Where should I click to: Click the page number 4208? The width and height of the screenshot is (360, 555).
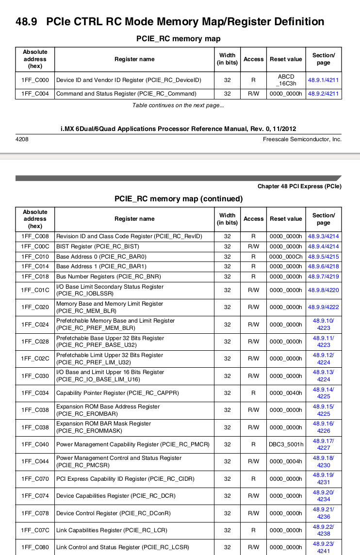point(22,139)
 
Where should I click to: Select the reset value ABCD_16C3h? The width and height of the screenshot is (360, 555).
point(286,80)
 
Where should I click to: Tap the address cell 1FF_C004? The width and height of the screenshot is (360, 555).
point(35,94)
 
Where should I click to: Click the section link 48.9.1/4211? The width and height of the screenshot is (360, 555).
point(323,80)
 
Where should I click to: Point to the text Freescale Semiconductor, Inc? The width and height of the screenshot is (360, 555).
point(302,139)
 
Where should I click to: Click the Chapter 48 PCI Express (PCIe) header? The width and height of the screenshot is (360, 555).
point(299,186)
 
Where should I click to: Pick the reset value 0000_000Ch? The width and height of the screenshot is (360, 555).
point(286,257)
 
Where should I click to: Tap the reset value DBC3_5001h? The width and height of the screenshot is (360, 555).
point(286,444)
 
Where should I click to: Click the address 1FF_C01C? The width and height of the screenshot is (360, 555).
point(35,290)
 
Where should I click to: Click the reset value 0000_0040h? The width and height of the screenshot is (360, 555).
point(286,393)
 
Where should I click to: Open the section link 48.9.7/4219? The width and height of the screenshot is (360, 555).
point(323,277)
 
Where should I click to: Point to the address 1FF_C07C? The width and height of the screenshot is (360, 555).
point(35,530)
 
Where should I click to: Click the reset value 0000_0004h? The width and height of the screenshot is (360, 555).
point(286,461)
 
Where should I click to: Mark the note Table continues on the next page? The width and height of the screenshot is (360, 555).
point(178,105)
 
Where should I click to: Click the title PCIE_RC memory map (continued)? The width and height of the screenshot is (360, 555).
point(179,198)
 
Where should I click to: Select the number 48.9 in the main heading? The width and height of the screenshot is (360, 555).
point(26,22)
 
